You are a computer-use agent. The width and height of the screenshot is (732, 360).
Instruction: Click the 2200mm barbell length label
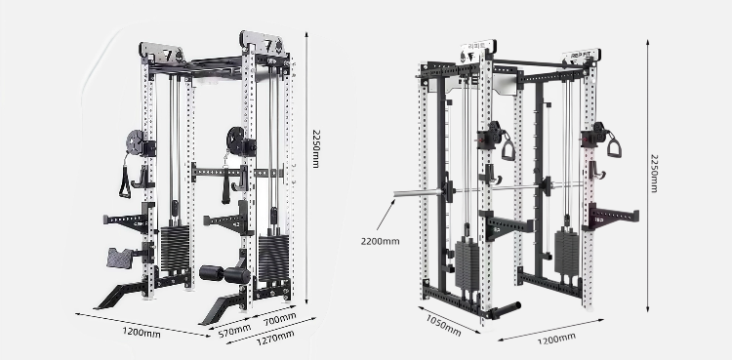click(x=380, y=241)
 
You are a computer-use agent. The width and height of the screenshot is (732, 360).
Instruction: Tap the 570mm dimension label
click(x=234, y=331)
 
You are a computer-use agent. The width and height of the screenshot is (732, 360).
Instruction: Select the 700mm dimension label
click(x=280, y=319)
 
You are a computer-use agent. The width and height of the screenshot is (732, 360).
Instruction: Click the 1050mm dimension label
click(x=443, y=325)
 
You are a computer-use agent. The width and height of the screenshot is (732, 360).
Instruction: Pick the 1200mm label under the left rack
click(x=142, y=333)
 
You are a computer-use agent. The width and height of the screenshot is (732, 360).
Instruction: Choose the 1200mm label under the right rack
click(x=556, y=339)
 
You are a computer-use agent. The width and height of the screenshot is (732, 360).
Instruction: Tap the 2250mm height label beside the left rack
click(x=316, y=148)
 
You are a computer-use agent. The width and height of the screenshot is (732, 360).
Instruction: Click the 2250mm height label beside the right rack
click(x=655, y=174)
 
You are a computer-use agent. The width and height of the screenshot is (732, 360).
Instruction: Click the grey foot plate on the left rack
click(x=119, y=259)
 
